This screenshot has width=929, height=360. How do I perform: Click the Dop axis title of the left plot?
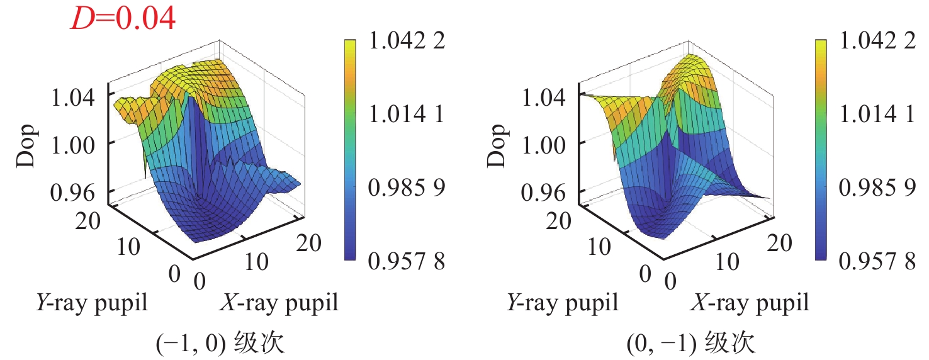click(27, 145)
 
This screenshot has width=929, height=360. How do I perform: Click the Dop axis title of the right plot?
click(497, 145)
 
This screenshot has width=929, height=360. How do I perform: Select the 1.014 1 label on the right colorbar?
click(877, 115)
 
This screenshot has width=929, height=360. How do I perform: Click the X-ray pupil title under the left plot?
click(279, 303)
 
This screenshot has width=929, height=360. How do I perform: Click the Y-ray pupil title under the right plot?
click(562, 303)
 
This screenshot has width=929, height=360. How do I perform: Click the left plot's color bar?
click(351, 150)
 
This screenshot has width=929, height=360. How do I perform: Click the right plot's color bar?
click(821, 150)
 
